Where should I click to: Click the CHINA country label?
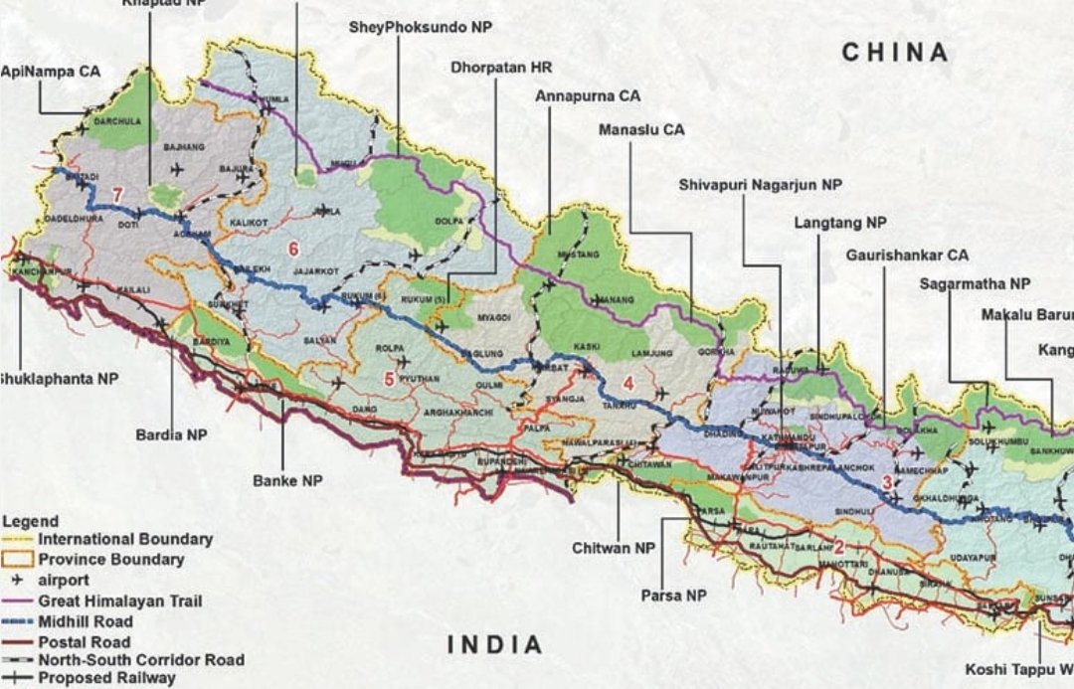point(895,53)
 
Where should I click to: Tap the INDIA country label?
point(495,644)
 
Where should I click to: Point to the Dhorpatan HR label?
point(500,68)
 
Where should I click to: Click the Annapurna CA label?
point(587,96)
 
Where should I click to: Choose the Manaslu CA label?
point(641,129)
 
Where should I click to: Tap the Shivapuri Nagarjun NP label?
point(761,185)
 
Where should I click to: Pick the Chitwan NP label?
point(614,548)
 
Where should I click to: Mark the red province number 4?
point(627,383)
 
